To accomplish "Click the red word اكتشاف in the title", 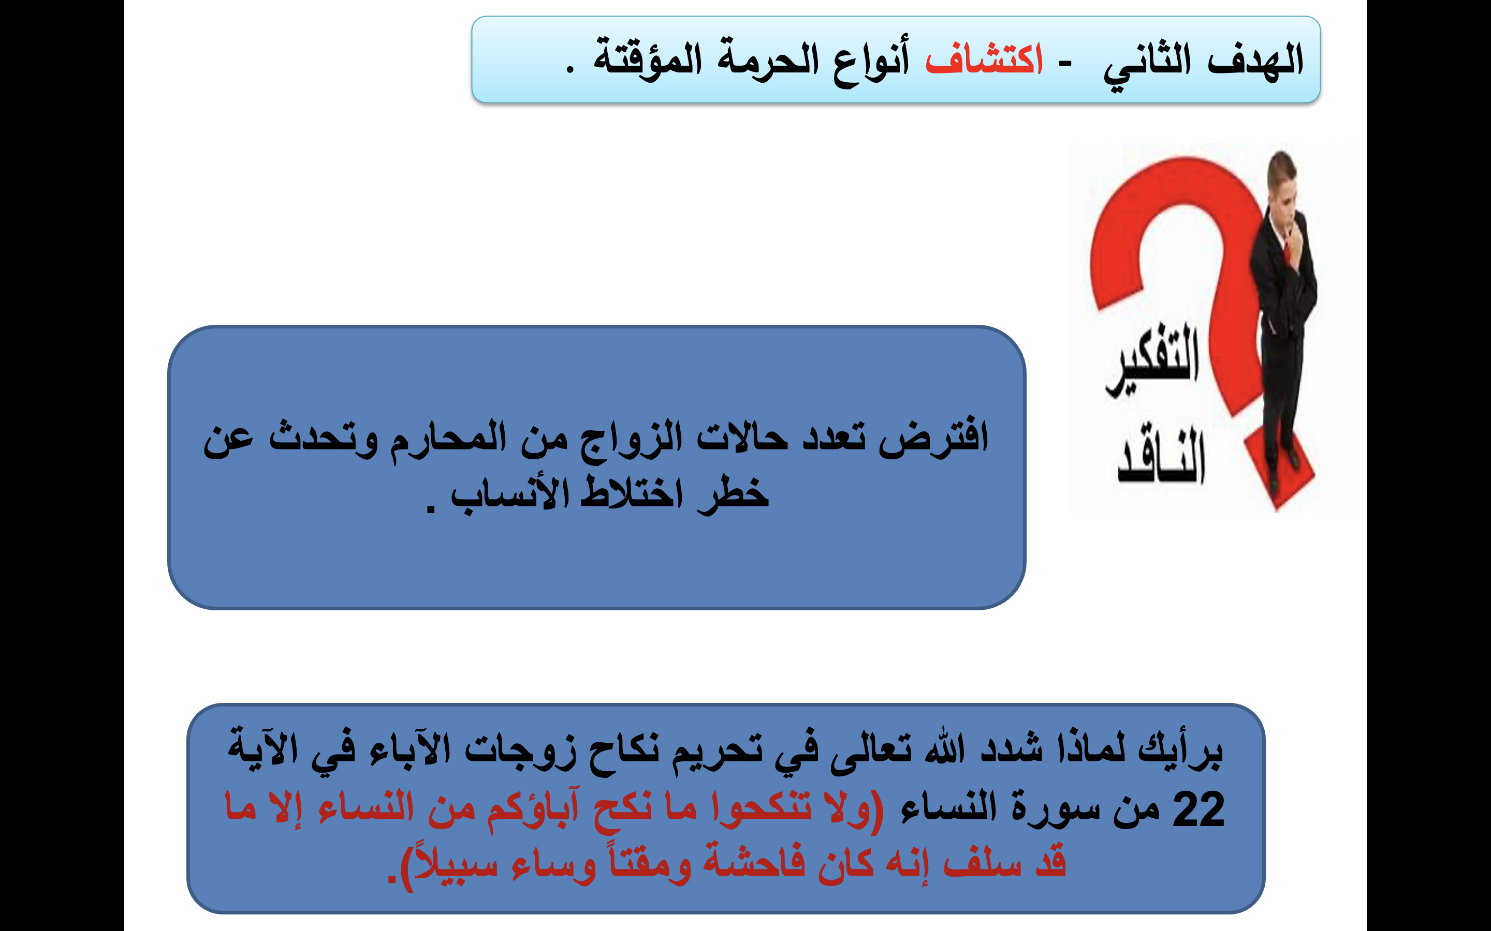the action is (984, 59).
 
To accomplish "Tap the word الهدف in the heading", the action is (1255, 59).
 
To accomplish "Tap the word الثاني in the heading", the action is (1147, 63).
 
